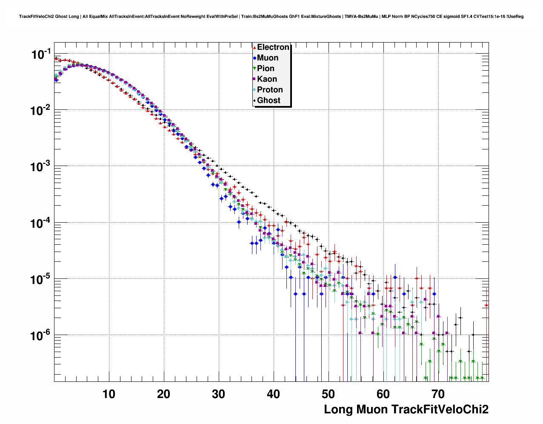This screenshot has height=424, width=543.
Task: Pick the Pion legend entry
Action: (266, 69)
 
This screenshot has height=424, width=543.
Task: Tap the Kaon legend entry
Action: (267, 79)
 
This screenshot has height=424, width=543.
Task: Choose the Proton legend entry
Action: (270, 90)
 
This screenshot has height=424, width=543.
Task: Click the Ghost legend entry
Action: (269, 100)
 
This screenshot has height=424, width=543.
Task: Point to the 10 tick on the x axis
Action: (109, 394)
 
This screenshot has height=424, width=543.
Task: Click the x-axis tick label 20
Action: (164, 394)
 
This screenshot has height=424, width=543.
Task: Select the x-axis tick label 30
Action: (219, 394)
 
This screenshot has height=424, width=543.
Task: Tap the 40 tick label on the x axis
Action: (274, 394)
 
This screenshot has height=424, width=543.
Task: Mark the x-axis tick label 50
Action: (329, 394)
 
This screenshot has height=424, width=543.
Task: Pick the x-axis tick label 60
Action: (383, 394)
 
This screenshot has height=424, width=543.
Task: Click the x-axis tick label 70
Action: (438, 394)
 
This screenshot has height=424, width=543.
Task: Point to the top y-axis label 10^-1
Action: (41, 54)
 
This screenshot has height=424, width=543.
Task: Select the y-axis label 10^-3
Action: (41, 166)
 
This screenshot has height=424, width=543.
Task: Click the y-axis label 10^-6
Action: (41, 335)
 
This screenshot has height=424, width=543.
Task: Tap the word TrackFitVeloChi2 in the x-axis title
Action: (440, 410)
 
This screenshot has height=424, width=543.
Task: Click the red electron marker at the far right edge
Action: (486, 305)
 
